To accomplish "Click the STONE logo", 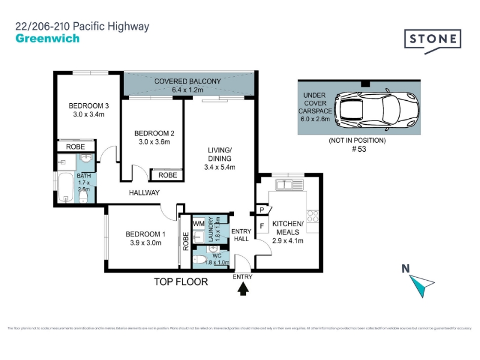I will click(432, 40).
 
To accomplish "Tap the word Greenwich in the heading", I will click(47, 39).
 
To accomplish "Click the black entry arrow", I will click(243, 289).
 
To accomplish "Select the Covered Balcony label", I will click(188, 85).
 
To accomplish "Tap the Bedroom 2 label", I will click(154, 137).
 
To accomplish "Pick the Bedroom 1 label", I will click(145, 238).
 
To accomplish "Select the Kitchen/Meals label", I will click(289, 232).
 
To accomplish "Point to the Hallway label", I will click(144, 193).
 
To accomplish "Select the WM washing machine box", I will click(199, 223).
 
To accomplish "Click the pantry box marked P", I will click(261, 209).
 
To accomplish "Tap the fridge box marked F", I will click(262, 226).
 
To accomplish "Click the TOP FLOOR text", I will click(181, 281).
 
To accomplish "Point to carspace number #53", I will click(358, 150).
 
